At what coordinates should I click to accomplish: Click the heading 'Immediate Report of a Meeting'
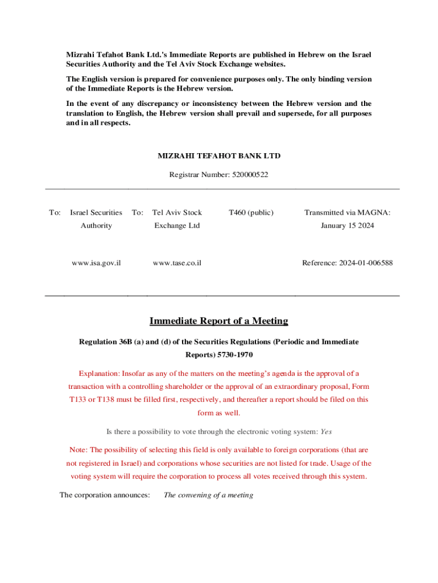pos(218,321)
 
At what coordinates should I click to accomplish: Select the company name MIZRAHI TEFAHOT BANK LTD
pos(218,155)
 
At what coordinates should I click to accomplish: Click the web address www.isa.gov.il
pos(96,263)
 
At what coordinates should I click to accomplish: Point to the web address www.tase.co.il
pos(177,263)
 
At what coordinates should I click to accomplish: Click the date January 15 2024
pos(347,225)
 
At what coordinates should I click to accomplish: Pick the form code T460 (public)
pos(251,212)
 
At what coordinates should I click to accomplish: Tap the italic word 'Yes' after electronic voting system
pos(326,432)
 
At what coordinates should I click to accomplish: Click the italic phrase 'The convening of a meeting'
pos(208,495)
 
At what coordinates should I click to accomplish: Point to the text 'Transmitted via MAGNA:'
pos(347,212)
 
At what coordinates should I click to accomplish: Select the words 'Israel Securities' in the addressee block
pos(96,212)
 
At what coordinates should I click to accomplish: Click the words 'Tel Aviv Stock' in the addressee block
pos(177,212)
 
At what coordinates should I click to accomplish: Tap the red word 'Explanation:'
pos(98,373)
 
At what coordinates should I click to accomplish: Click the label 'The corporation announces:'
pos(105,495)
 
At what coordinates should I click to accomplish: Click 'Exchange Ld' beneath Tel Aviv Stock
pos(177,225)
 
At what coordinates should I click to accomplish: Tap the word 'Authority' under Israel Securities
pos(96,225)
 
